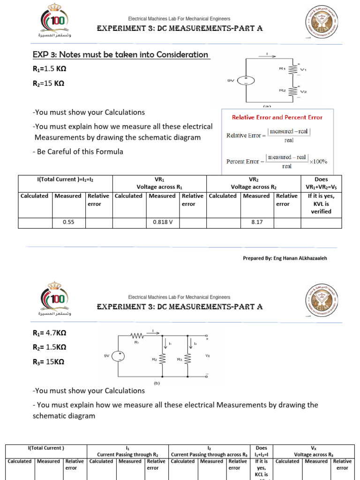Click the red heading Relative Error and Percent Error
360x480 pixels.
pyautogui.click(x=277, y=117)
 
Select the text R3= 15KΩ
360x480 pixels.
pyautogui.click(x=48, y=362)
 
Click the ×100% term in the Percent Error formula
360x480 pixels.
pyautogui.click(x=318, y=161)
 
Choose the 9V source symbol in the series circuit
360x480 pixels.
pyautogui.click(x=245, y=81)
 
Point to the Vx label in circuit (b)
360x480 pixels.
pyautogui.click(x=207, y=356)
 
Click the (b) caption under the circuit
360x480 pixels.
pyautogui.click(x=157, y=382)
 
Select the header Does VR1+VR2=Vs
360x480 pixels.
pyautogui.click(x=321, y=183)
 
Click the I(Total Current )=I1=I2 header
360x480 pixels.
pyautogui.click(x=65, y=179)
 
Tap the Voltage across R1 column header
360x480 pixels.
pyautogui.click(x=159, y=187)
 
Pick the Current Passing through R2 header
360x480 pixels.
pyautogui.click(x=127, y=454)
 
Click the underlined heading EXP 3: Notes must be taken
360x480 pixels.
pyautogui.click(x=120, y=55)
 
